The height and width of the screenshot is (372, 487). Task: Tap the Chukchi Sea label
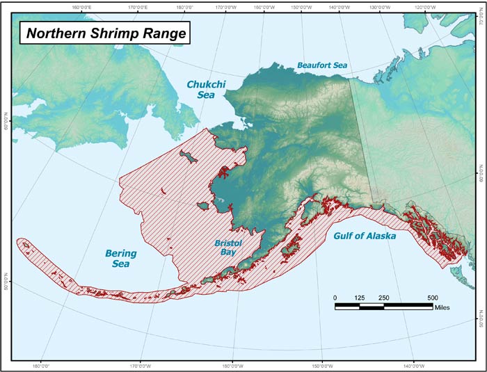(x=200, y=90)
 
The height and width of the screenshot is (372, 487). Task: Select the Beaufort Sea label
(x=322, y=65)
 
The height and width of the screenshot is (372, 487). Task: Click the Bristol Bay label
(x=226, y=248)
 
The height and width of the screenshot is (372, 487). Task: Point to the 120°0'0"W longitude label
(x=424, y=7)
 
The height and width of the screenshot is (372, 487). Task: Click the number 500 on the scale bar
(x=433, y=298)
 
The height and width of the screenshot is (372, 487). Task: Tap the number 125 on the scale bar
(x=360, y=298)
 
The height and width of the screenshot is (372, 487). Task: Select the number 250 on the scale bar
(x=384, y=298)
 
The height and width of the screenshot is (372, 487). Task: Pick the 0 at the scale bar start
(x=335, y=298)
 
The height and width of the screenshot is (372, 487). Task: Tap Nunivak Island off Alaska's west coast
(x=202, y=206)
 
